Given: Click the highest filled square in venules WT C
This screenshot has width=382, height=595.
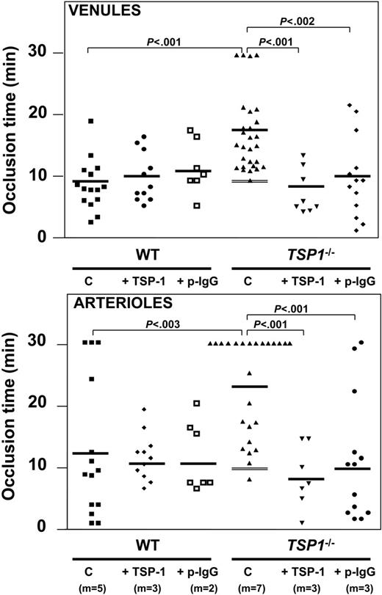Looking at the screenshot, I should (90, 121).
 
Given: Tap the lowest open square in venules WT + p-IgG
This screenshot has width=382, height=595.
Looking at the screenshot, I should (196, 205).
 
